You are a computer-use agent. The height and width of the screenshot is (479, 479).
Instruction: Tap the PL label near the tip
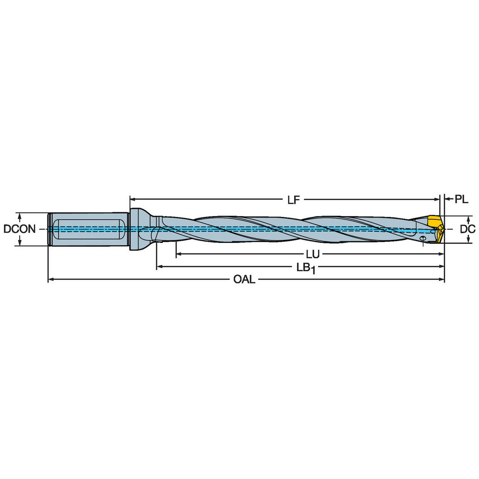tap(461, 199)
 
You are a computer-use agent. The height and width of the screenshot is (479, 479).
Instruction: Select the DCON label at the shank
tap(19, 229)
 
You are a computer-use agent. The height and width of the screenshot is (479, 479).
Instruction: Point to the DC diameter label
tap(467, 229)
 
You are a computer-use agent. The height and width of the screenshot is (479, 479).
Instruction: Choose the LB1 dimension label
tap(304, 268)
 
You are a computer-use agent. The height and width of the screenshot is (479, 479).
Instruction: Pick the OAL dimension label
tap(244, 280)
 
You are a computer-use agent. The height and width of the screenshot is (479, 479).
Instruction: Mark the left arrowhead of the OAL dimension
tap(50, 279)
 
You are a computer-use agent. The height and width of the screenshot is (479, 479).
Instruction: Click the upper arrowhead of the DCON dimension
tap(19, 215)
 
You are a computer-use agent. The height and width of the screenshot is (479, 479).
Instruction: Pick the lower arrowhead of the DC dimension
tap(468, 240)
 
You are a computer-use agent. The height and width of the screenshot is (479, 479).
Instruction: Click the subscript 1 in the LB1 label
tap(312, 271)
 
